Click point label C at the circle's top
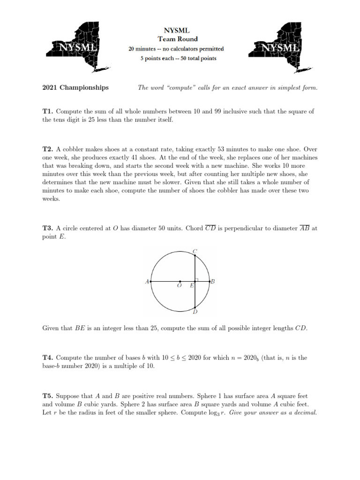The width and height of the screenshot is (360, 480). pyautogui.click(x=195, y=251)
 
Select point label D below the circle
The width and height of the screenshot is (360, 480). pyautogui.click(x=195, y=312)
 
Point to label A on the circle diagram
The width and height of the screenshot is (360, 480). pyautogui.click(x=147, y=282)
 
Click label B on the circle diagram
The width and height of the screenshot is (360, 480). pyautogui.click(x=212, y=281)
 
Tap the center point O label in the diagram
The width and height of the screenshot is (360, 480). pyautogui.click(x=180, y=285)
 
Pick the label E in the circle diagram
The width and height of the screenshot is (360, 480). pyautogui.click(x=191, y=285)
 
